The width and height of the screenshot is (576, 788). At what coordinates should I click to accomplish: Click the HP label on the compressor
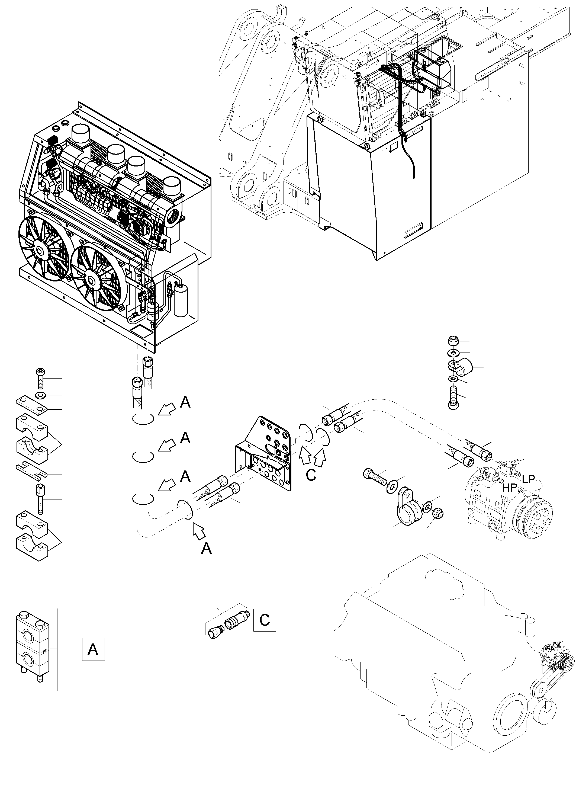click(509, 488)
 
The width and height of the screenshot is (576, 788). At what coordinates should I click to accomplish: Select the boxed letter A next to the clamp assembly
click(93, 649)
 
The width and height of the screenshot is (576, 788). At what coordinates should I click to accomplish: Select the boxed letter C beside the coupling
click(265, 620)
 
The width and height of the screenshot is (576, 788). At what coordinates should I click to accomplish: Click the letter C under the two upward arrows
click(311, 475)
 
